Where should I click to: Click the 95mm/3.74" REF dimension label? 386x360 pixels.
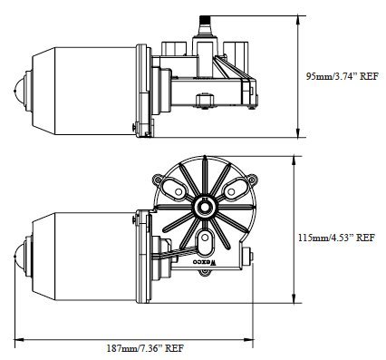[x=342, y=76]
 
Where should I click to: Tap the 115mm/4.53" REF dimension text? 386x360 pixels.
[x=337, y=238]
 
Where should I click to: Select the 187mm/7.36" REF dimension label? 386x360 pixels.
[x=145, y=348]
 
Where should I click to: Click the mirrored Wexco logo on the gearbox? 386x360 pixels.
[x=206, y=262]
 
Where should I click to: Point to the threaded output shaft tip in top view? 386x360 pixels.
[x=205, y=21]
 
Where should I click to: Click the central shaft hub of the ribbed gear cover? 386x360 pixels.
[x=205, y=207]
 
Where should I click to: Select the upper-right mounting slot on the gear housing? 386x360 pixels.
[x=235, y=190]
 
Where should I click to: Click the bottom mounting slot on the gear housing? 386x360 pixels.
[x=205, y=240]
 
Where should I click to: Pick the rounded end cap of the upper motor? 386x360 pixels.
[x=20, y=92]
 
